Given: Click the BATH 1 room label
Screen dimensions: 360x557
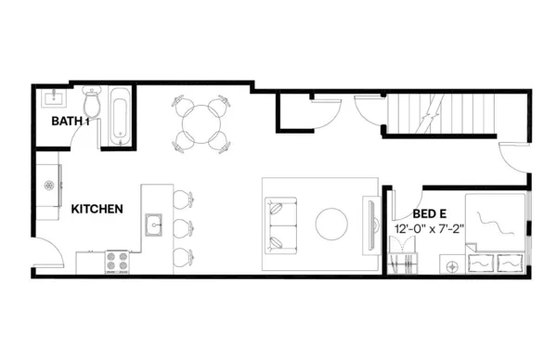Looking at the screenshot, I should click(70, 121).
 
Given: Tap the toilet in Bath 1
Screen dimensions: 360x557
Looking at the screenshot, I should click(91, 98).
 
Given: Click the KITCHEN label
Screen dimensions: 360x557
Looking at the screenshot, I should click(97, 210).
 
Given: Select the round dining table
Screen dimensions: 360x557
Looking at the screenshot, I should click(200, 122).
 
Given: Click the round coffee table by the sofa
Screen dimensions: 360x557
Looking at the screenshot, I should click(330, 224).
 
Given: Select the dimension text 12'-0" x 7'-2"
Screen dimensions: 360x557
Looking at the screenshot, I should click(428, 228).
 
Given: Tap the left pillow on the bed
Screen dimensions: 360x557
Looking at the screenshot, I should click(482, 262).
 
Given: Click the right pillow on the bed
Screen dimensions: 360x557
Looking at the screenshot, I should click(510, 262).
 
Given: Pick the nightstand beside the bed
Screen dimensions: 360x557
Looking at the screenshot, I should click(452, 265).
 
